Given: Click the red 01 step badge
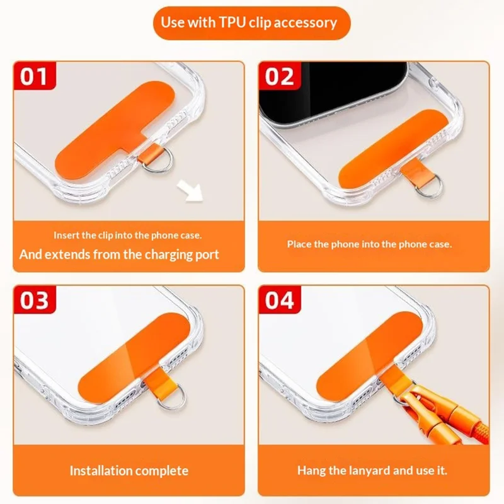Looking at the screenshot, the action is (35, 76).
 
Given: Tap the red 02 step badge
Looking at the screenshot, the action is (280, 76).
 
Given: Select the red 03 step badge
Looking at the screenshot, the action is (35, 300).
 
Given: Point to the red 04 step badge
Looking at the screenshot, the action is (280, 300).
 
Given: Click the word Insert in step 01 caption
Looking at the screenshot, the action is (67, 235).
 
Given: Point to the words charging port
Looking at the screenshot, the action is (182, 255).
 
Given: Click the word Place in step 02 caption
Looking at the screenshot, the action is (299, 244).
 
